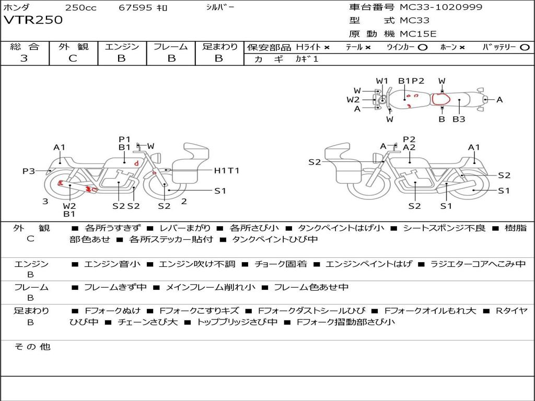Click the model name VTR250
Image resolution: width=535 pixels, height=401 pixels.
(x=33, y=20)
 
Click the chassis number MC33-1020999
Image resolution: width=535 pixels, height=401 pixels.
(x=441, y=7)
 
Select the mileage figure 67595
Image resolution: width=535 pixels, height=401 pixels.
(x=135, y=7)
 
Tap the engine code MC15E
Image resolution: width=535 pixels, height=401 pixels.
(x=418, y=34)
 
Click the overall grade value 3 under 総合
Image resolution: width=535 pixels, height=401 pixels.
(x=24, y=58)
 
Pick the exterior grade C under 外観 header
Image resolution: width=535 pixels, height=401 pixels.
(x=73, y=58)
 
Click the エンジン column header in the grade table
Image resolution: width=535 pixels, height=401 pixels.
(x=122, y=46)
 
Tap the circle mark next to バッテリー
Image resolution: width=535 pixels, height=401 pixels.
(x=525, y=48)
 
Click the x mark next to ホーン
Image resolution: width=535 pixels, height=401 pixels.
(x=462, y=48)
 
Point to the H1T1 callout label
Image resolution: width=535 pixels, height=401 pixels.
(x=227, y=171)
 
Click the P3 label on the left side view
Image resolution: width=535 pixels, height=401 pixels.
(x=29, y=171)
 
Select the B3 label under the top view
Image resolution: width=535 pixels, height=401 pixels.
(x=459, y=120)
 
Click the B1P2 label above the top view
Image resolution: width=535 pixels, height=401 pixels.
(x=411, y=81)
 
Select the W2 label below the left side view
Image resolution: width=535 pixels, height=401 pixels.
(x=69, y=206)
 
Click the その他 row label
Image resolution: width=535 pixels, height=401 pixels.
(x=32, y=347)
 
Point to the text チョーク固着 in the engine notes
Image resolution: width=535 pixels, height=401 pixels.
(x=281, y=264)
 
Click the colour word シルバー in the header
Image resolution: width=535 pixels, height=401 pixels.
(x=220, y=7)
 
